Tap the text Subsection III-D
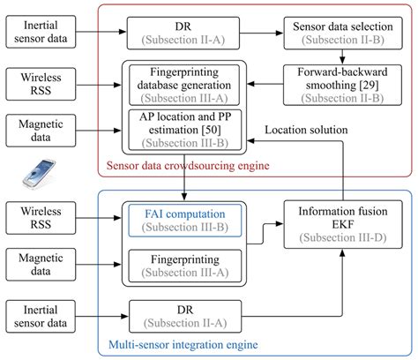[x=342, y=238]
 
